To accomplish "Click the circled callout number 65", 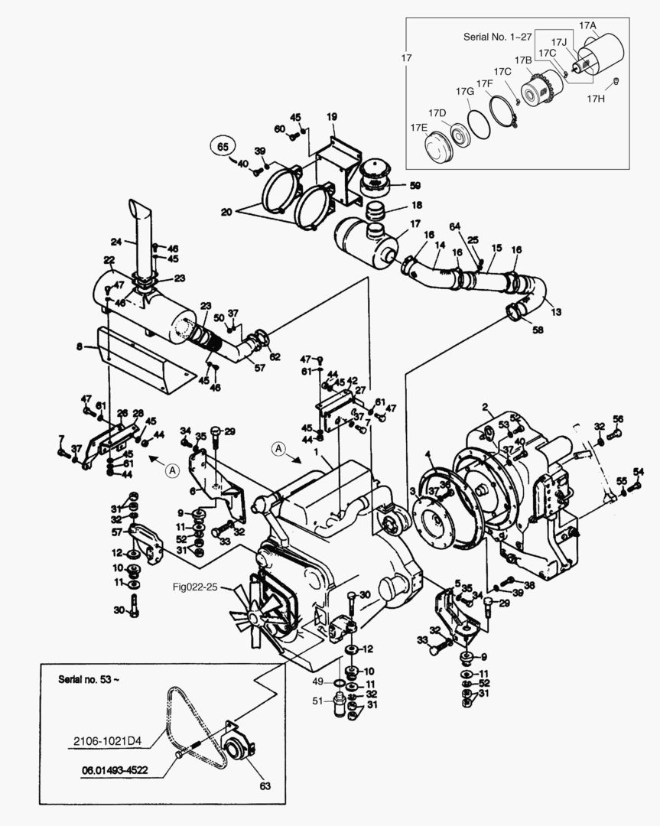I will pos(223,145).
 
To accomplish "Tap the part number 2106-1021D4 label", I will pos(107,741).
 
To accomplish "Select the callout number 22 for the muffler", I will pos(109,260).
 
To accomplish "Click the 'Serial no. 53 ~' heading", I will pos(89,678).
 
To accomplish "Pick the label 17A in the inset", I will pos(587,25).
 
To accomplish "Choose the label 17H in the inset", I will pos(597,98).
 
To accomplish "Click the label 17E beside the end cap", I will pos(418,128).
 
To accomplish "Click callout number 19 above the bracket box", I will pos(332,116).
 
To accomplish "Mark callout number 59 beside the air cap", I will pos(415,185).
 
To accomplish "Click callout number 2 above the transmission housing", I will pos(485,405).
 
